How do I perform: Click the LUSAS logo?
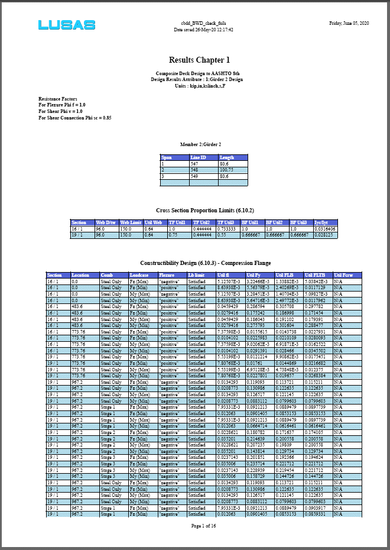(x=67, y=25)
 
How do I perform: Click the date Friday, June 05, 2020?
(x=349, y=22)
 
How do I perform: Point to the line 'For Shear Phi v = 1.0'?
(x=60, y=111)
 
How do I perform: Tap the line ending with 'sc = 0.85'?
(x=75, y=118)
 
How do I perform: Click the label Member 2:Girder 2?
(x=200, y=144)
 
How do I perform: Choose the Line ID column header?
(x=199, y=157)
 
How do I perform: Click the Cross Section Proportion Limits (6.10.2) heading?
(x=204, y=210)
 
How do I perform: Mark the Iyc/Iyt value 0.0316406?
(x=325, y=229)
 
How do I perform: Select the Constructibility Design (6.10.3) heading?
(x=205, y=263)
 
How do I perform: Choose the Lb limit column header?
(x=197, y=275)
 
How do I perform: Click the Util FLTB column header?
(x=315, y=275)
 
